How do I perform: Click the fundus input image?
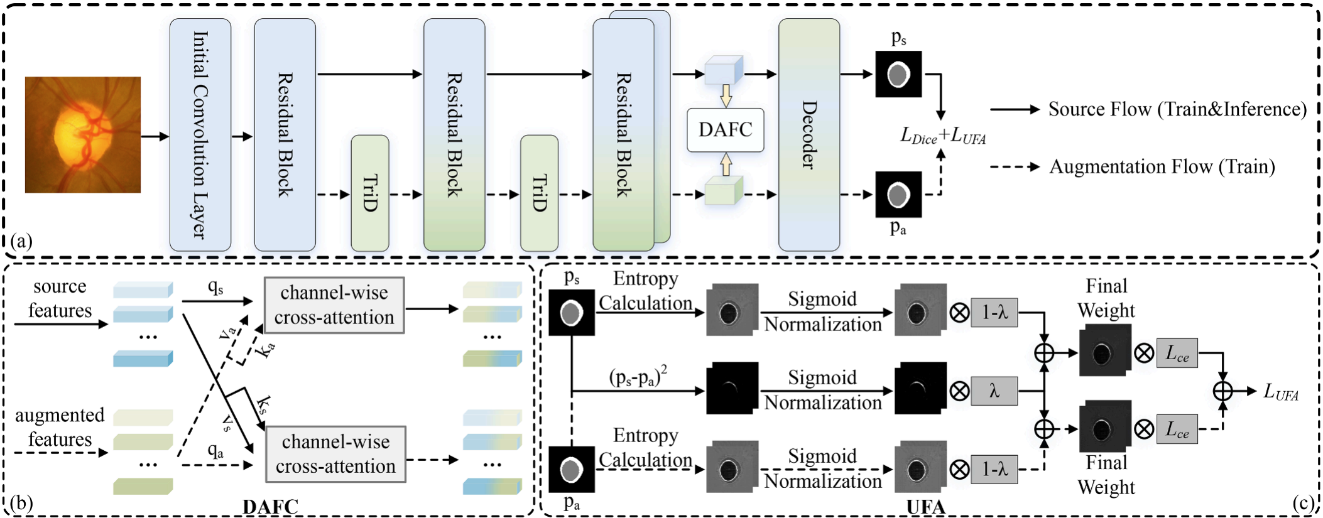pyautogui.click(x=82, y=134)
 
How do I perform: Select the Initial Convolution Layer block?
pyautogui.click(x=200, y=135)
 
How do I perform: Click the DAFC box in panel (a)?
pyautogui.click(x=725, y=130)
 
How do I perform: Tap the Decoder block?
pyautogui.click(x=808, y=135)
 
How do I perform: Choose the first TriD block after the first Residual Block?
pyautogui.click(x=369, y=193)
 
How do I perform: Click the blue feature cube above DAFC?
pyautogui.click(x=724, y=71)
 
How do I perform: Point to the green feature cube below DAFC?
pyautogui.click(x=724, y=191)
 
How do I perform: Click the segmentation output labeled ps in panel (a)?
pyautogui.click(x=898, y=74)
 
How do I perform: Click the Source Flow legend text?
pyautogui.click(x=1177, y=109)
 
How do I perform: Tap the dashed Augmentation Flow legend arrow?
pyautogui.click(x=1014, y=167)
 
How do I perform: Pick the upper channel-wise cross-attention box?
pyautogui.click(x=334, y=305)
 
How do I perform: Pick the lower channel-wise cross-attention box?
pyautogui.click(x=335, y=454)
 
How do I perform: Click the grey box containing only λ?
pyautogui.click(x=994, y=391)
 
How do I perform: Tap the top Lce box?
pyautogui.click(x=1177, y=353)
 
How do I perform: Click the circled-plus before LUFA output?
pyautogui.click(x=1222, y=391)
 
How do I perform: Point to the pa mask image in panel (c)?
pyautogui.click(x=571, y=469)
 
